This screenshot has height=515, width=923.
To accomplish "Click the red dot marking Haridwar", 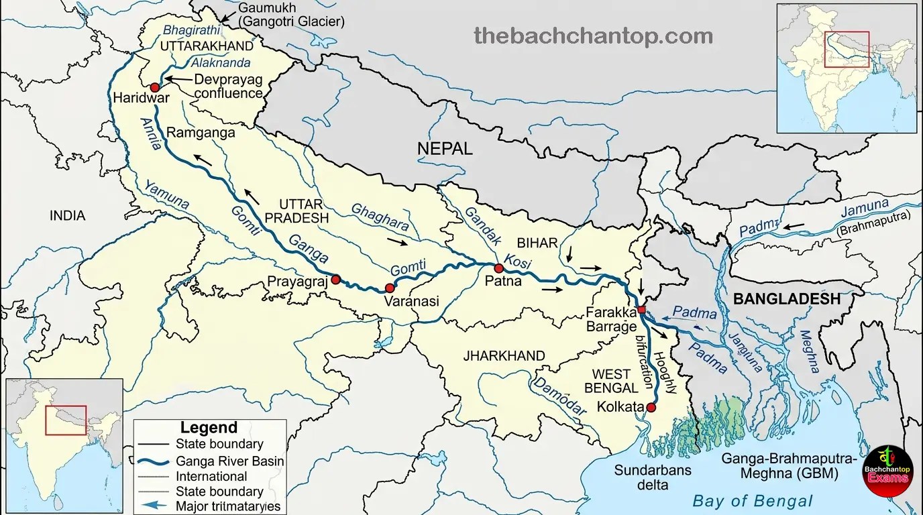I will pos(155,87).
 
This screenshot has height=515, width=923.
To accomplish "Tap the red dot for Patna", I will pos(498,268).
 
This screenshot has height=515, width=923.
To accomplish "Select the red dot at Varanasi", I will pos(390,288).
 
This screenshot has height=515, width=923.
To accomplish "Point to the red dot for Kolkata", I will pos(651,407).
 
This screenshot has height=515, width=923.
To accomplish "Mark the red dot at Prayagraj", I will pos(335,280).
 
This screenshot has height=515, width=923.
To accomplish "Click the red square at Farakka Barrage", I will pos(641,310).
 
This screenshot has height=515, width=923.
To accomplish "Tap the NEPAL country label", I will pos(445,148).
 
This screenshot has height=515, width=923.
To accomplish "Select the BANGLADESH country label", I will pos(787,299).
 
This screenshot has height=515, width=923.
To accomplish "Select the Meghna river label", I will pos(810,351).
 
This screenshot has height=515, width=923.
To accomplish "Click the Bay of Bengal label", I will pos(752,500).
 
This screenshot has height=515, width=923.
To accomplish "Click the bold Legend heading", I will pos(209,428).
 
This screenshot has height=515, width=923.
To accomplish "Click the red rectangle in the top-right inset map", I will pos(847,50).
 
